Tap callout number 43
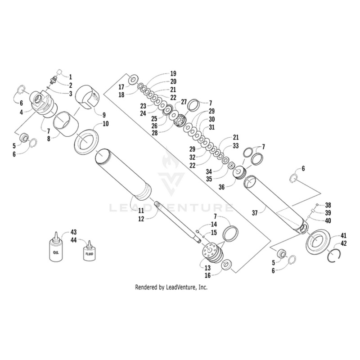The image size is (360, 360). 73,232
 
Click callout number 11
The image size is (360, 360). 141,211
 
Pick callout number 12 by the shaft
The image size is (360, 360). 141,219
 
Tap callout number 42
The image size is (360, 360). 343,243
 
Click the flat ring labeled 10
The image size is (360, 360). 86,141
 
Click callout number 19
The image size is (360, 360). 173,73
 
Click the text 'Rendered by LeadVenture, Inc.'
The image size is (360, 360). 171,287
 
